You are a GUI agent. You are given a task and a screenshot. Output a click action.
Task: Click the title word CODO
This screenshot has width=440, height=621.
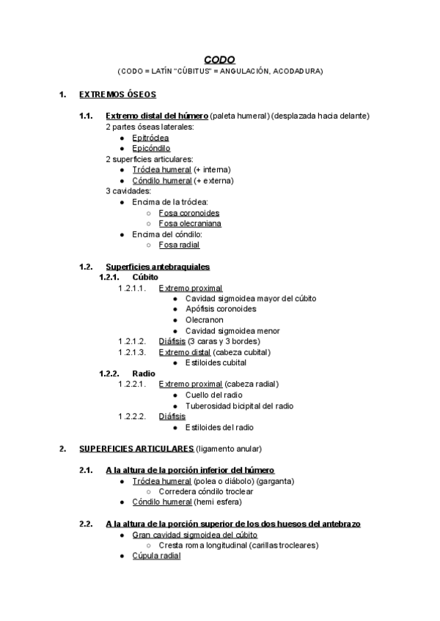tap(219, 60)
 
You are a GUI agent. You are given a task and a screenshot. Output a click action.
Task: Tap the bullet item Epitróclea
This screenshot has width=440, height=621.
tap(150, 138)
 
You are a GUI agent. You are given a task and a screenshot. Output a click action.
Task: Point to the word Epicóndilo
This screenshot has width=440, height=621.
tap(151, 148)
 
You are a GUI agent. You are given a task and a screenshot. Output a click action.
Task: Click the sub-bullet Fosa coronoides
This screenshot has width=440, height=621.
tap(189, 213)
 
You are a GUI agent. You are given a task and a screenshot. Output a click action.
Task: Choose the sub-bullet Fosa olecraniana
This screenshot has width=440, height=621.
tap(190, 223)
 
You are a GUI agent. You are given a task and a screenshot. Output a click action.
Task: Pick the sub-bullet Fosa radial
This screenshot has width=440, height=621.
tap(179, 245)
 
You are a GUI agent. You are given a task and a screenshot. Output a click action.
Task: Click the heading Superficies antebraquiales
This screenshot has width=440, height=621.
tap(158, 267)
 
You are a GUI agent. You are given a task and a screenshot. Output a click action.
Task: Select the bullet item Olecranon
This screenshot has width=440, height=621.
tap(205, 320)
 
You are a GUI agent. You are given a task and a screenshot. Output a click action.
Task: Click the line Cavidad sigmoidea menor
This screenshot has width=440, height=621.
tap(232, 331)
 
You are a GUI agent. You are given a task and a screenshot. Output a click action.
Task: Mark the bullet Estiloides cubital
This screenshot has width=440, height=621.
tap(216, 362)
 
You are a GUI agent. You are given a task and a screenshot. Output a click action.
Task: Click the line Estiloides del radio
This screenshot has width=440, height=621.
tap(219, 428)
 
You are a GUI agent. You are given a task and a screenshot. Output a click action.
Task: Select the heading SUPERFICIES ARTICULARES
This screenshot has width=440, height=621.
tap(136, 448)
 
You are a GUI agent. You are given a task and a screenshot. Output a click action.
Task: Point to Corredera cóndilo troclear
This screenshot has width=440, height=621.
tap(211, 491)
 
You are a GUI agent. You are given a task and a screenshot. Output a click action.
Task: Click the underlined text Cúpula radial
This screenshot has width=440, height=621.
tap(156, 556)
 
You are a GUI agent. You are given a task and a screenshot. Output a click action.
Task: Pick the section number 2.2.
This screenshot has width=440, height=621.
tap(86, 524)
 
